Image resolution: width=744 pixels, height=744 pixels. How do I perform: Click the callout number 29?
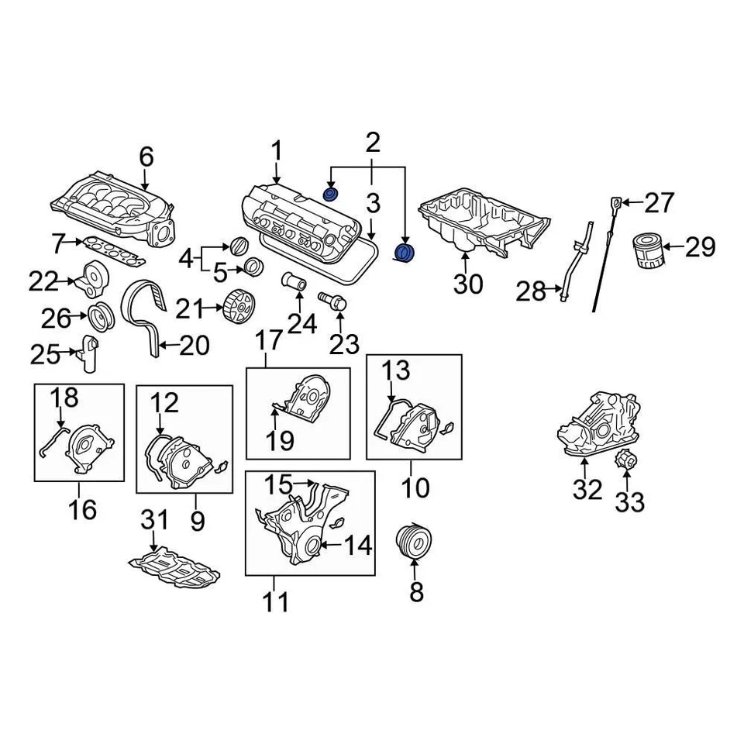700,247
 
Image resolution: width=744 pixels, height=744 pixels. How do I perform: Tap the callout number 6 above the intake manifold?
146,157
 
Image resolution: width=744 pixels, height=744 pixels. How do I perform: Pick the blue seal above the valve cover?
330,193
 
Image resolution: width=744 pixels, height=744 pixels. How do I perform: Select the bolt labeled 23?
331,302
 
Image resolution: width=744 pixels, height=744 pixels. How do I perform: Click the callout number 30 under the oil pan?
467,284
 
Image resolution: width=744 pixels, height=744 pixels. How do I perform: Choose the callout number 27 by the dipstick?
660,203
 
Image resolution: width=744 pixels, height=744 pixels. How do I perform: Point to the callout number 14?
357,546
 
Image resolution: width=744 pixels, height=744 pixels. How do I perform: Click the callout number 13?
395,370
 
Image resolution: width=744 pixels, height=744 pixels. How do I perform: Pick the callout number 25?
44,354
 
